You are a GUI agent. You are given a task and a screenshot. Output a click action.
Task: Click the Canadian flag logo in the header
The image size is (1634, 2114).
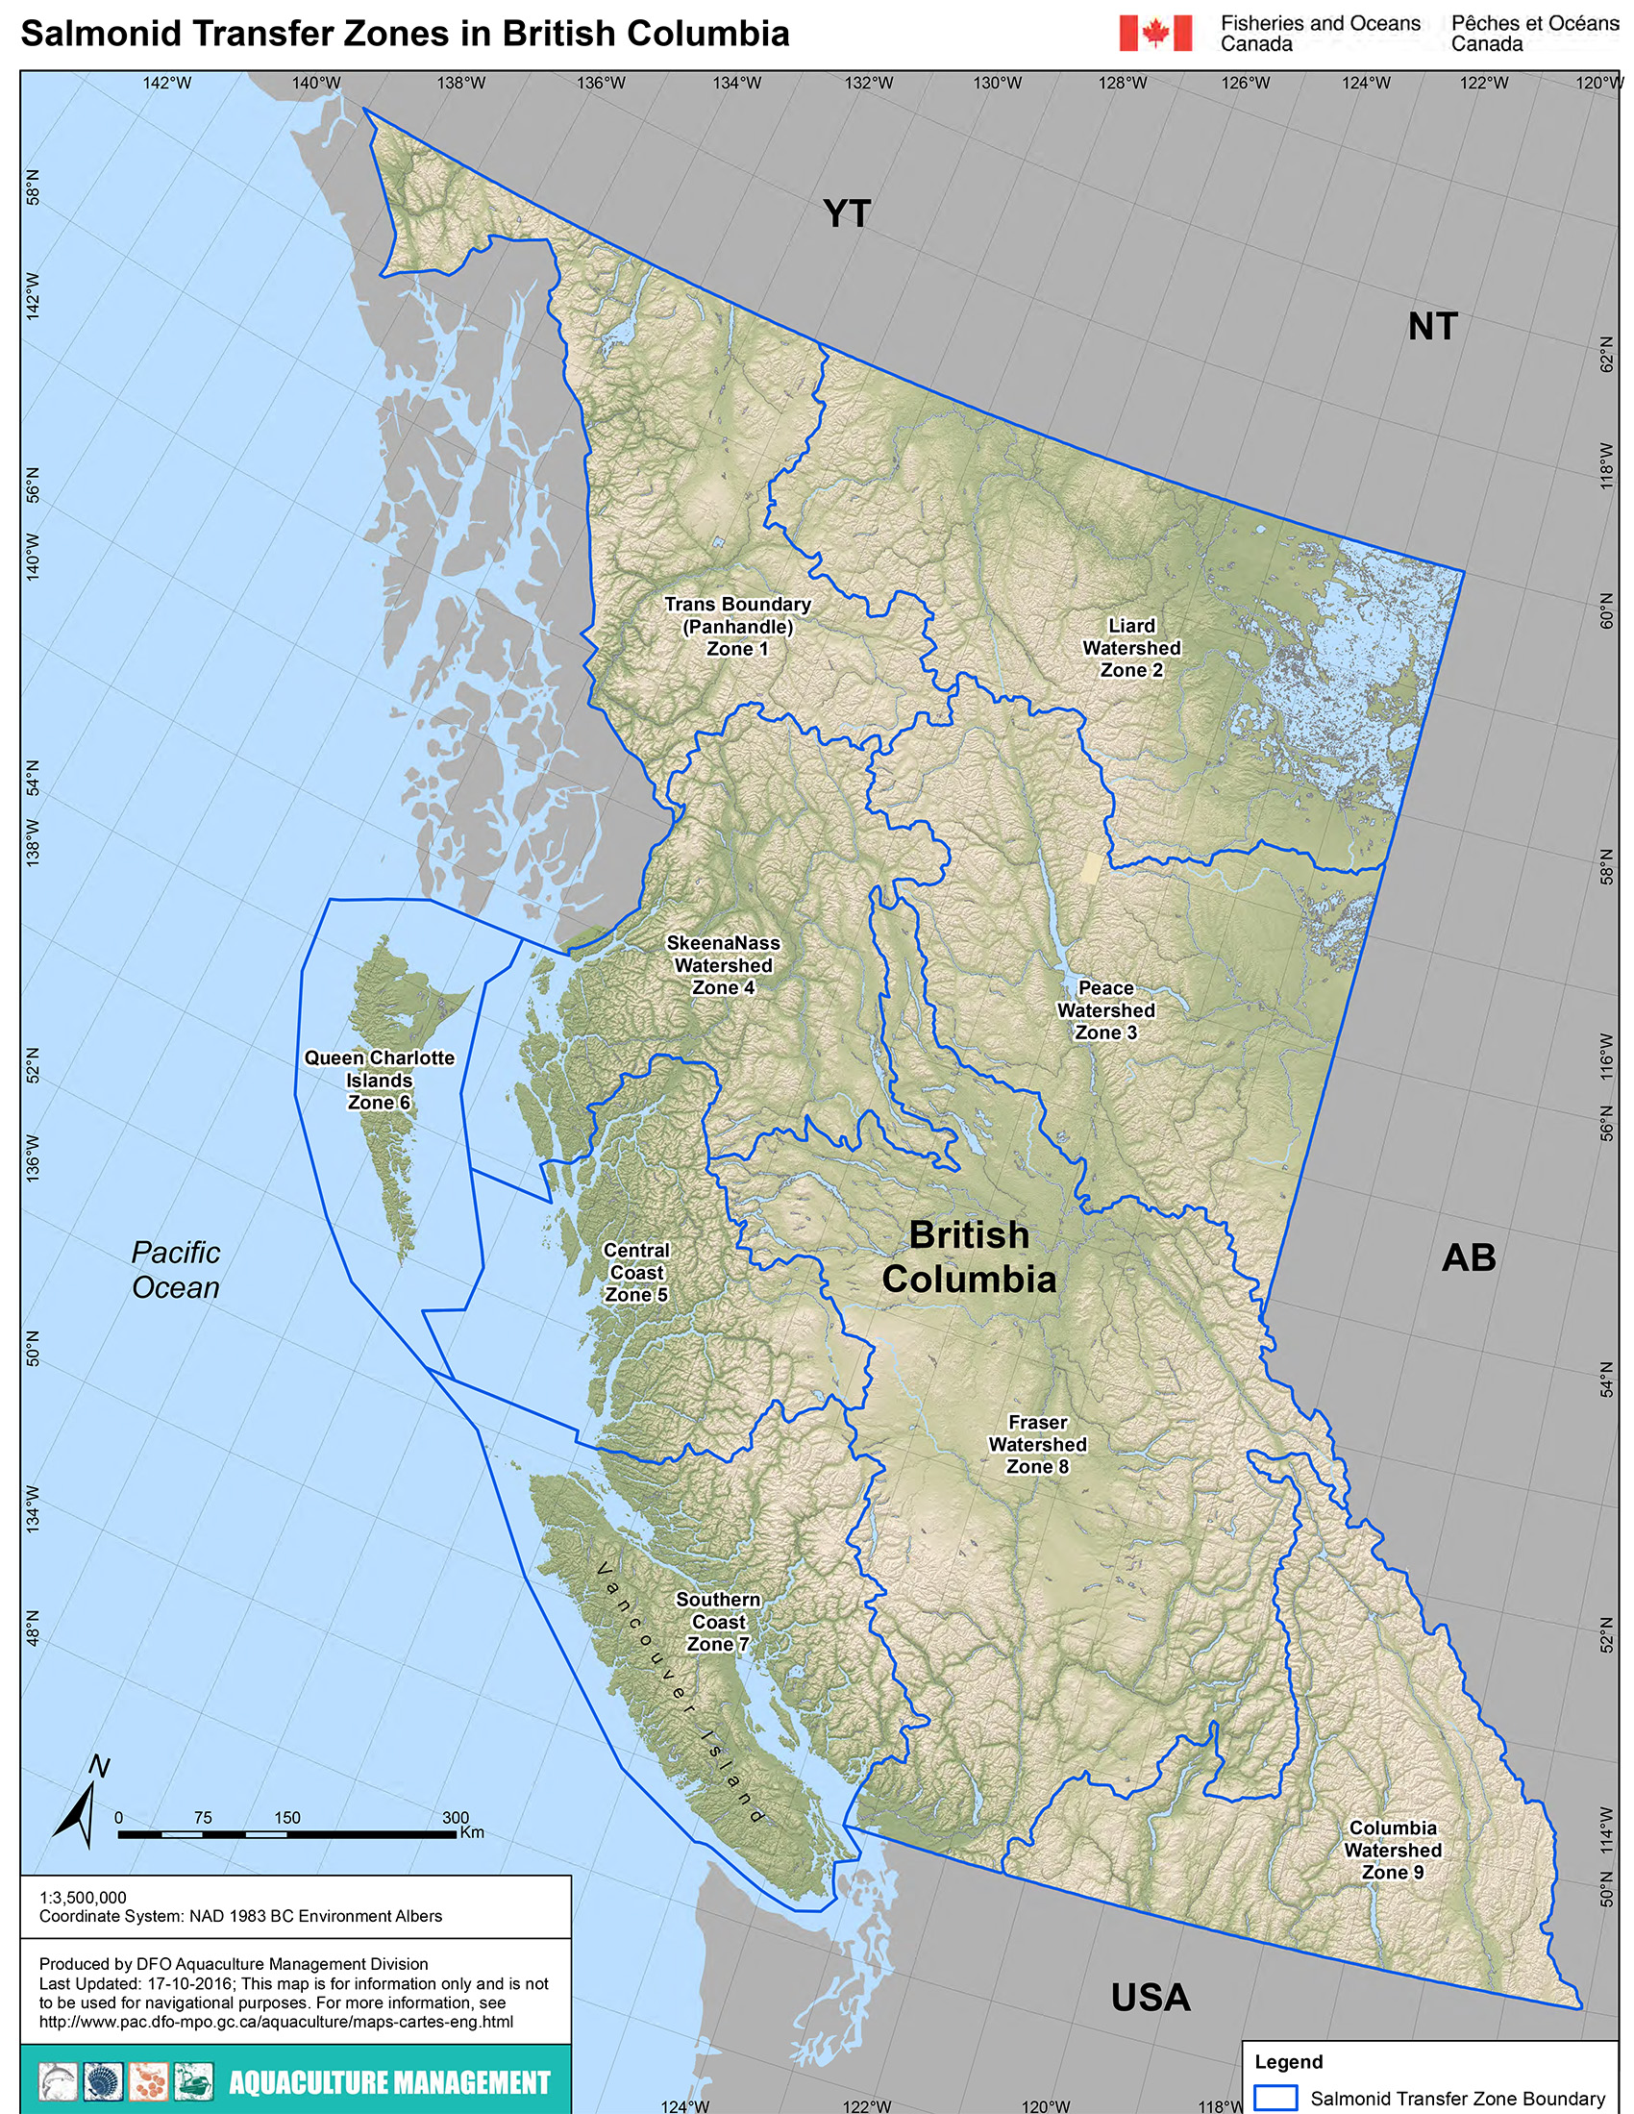[1154, 33]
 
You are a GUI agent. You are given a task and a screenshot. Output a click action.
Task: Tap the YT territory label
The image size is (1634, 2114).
[847, 213]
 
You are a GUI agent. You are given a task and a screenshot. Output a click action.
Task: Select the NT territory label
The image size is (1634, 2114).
[1432, 326]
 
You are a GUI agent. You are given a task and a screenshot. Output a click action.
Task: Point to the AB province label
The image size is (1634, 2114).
[1469, 1257]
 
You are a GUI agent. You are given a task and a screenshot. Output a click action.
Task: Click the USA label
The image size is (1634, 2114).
[1150, 1997]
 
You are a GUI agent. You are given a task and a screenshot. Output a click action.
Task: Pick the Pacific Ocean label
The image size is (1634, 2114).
[175, 1270]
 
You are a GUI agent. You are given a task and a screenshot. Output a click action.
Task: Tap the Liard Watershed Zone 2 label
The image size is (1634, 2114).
[1131, 648]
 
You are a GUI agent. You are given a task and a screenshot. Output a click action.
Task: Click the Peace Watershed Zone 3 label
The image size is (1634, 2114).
[1105, 1009]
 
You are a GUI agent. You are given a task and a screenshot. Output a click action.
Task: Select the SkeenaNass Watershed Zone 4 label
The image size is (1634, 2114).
[723, 965]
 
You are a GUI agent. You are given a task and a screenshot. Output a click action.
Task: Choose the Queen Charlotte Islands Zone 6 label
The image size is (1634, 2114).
[380, 1081]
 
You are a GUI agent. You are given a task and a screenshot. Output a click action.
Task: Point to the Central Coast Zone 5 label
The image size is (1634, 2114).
[636, 1273]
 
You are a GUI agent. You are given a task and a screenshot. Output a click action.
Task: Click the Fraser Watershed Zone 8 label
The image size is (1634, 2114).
[1037, 1444]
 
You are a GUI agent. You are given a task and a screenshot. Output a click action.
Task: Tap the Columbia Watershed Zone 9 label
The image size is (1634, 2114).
[1392, 1850]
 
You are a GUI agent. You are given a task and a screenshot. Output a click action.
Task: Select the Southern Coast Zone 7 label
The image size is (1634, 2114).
[718, 1622]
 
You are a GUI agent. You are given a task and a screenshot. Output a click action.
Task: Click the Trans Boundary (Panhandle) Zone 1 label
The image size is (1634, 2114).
[737, 626]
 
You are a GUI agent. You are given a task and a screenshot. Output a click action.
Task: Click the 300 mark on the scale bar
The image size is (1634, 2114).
[455, 1818]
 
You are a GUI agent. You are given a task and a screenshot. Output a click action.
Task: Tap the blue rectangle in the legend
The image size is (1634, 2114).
[1275, 2098]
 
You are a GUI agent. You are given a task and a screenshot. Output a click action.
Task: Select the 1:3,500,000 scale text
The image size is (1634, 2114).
[84, 1897]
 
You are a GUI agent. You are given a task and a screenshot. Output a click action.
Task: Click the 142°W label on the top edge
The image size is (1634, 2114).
[166, 84]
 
